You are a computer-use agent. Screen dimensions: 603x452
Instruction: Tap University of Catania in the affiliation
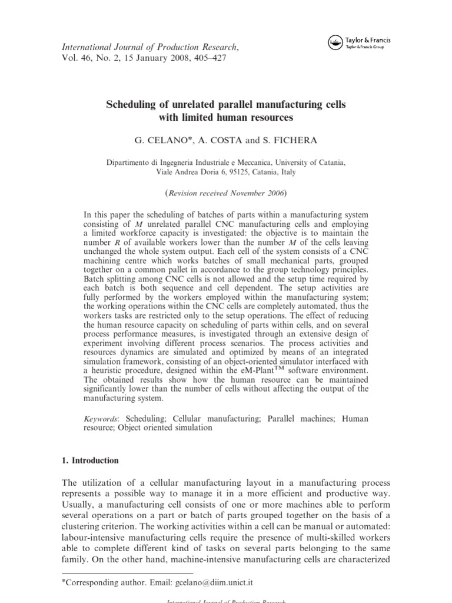tap(310, 163)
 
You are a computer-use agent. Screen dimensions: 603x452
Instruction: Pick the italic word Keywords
tap(101, 418)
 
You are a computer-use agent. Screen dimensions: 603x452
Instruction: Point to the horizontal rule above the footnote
tap(127, 573)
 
